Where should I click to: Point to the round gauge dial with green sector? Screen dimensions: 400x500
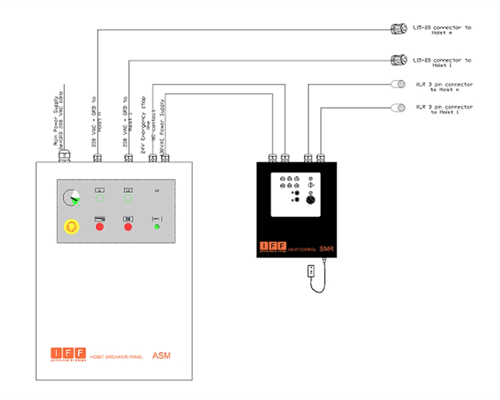(x=71, y=198)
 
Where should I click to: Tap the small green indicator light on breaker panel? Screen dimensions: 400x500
(x=157, y=226)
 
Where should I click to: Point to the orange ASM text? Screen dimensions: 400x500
(x=161, y=356)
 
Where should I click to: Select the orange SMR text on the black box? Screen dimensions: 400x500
(x=328, y=249)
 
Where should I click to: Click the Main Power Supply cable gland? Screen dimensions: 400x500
(x=64, y=157)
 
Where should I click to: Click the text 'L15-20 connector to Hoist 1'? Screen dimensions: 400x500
(x=442, y=62)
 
